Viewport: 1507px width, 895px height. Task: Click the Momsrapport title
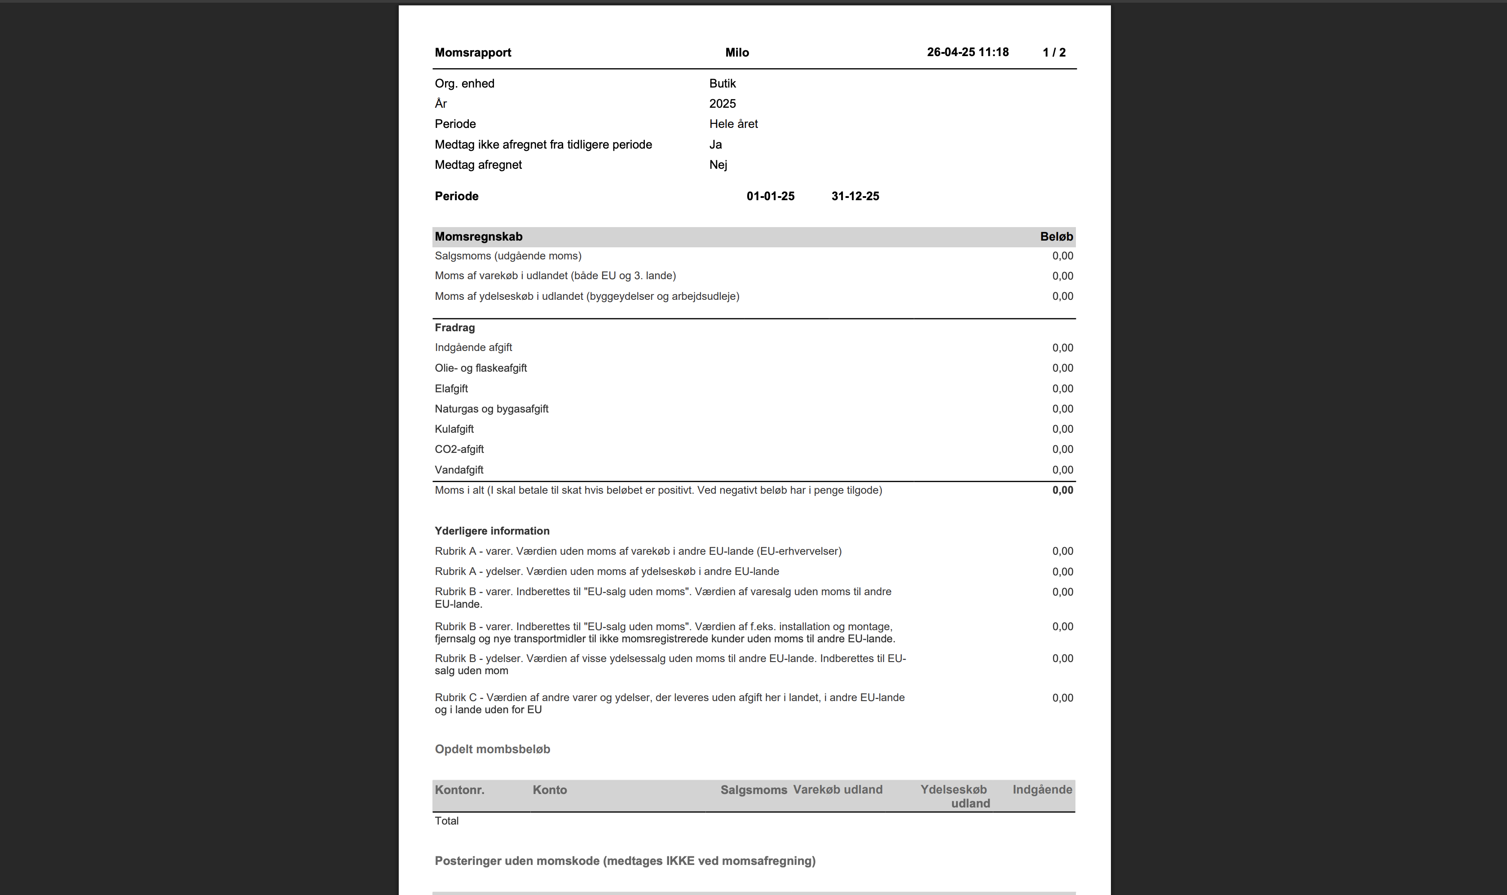click(472, 53)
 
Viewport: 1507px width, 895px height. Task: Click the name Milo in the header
click(736, 53)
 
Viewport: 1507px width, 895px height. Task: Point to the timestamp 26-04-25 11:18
click(968, 53)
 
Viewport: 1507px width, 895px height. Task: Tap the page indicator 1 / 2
click(1053, 53)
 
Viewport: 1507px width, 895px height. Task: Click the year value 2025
click(722, 104)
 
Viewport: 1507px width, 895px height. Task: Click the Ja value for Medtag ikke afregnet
click(715, 145)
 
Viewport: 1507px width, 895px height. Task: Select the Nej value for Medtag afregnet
click(718, 165)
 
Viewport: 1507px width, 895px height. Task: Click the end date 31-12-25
click(855, 197)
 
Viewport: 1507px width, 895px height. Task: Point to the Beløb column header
click(1056, 237)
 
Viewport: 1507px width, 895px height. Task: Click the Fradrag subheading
click(454, 328)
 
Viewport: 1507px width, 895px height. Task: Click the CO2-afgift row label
click(459, 449)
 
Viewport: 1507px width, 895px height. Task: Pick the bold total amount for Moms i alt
click(1062, 490)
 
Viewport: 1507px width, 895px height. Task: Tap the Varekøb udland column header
click(837, 790)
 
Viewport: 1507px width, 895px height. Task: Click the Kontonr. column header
click(459, 790)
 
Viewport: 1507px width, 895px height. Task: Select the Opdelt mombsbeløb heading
click(492, 750)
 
